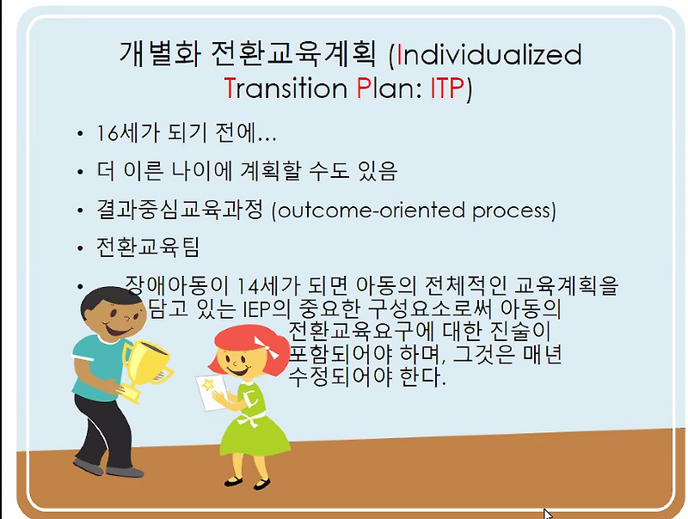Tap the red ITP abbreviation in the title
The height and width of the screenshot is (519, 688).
[446, 89]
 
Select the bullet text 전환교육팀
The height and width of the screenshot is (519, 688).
[149, 247]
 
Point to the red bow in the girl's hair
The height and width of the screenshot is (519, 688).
[277, 347]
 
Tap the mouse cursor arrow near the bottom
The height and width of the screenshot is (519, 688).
[548, 514]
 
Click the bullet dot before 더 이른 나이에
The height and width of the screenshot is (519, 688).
[80, 173]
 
